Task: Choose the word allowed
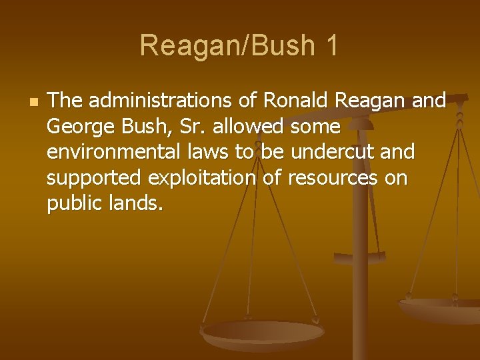click(x=250, y=126)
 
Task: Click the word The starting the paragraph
click(x=65, y=101)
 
